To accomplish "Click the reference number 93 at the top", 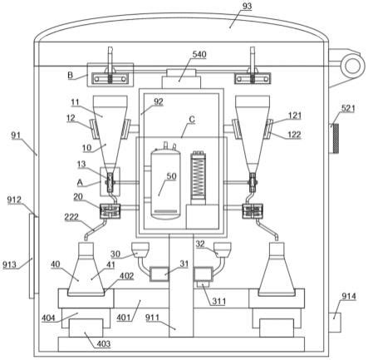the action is (x=247, y=6).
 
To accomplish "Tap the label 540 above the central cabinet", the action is (x=199, y=54).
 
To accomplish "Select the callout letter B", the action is (x=71, y=75).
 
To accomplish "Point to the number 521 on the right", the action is (x=348, y=108).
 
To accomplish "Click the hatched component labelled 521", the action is (x=336, y=139).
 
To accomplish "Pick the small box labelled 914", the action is (x=335, y=322).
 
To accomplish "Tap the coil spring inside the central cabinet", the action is (x=199, y=175).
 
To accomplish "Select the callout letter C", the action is (x=192, y=120).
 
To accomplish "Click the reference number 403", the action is (x=104, y=344).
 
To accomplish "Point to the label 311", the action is (x=219, y=301).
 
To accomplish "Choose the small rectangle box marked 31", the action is (x=159, y=274).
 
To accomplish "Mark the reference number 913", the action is (x=10, y=264).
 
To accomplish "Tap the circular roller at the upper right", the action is (x=352, y=66).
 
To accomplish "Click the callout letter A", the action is (x=80, y=183).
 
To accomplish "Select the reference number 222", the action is (x=71, y=217).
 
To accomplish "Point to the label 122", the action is (x=294, y=135).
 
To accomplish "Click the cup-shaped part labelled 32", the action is (x=223, y=249).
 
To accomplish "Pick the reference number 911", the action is (x=152, y=318).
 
